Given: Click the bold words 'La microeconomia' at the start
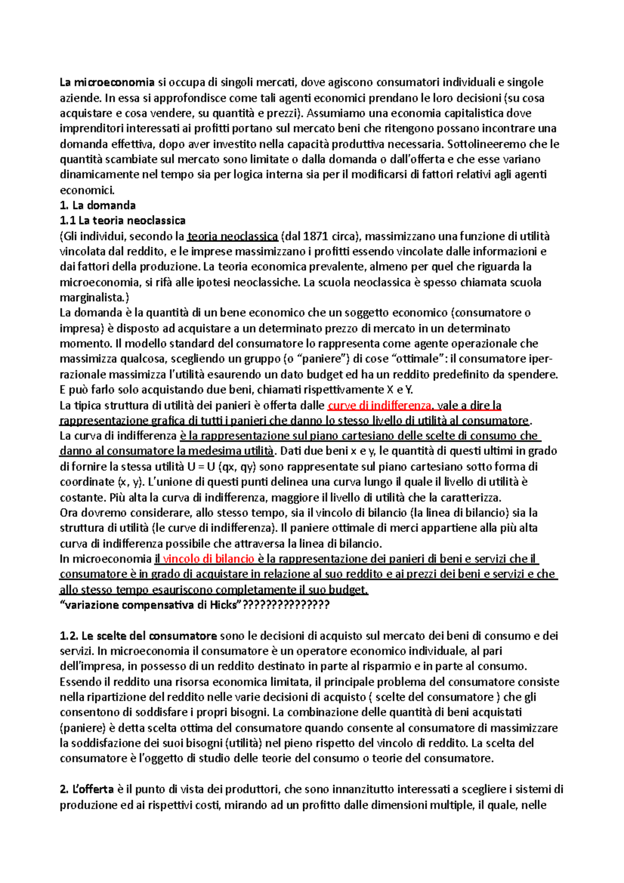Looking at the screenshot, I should click(107, 82).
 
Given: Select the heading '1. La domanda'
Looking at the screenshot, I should click(98, 205).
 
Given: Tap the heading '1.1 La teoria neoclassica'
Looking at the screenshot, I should click(123, 220).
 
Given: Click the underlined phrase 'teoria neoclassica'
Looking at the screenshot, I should click(232, 237).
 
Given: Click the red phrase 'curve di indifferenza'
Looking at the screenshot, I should click(379, 406).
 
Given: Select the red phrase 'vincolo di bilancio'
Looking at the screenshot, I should click(208, 559).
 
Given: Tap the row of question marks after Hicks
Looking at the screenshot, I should click(286, 605).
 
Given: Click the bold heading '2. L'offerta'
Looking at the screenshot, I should click(87, 789).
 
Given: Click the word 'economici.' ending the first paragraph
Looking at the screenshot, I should click(87, 190).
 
